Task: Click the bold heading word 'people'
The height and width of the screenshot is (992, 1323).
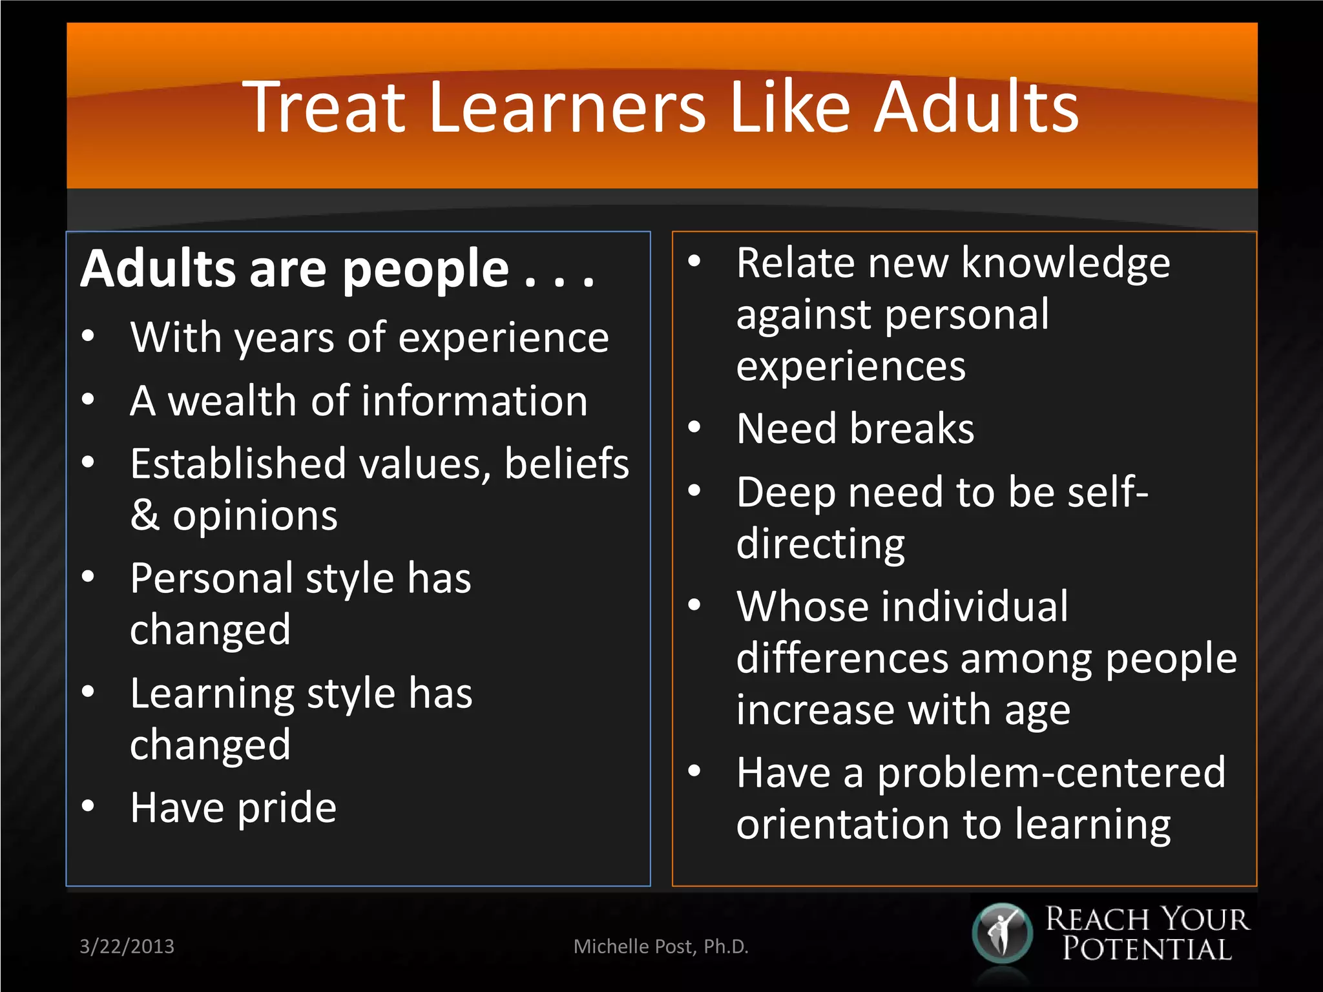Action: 426,270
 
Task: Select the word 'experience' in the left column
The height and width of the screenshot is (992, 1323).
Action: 503,338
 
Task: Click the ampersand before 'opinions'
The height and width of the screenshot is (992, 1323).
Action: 145,516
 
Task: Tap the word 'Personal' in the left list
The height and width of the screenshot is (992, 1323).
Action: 211,578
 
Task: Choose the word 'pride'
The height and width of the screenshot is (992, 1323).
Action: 287,808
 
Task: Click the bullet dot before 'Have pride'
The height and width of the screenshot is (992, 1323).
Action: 89,806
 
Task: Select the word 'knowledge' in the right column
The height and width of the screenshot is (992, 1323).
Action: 1065,263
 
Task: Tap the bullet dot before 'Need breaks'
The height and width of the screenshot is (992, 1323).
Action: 694,427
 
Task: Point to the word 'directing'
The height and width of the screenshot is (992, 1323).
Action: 820,544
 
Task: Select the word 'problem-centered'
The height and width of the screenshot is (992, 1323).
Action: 1051,773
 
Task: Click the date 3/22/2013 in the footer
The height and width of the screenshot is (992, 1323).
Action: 127,946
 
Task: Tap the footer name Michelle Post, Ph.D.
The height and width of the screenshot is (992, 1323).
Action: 661,946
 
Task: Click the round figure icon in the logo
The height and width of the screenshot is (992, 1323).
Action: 1002,934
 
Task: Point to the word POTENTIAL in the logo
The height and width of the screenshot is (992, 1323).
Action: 1147,950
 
